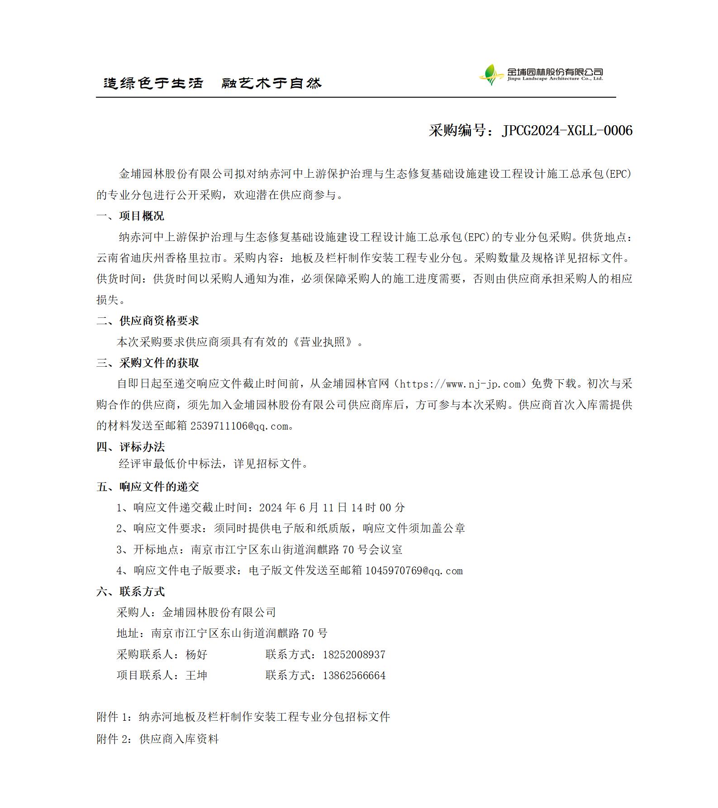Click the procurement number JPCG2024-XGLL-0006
[567, 131]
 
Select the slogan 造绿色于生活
[153, 83]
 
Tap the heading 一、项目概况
[130, 216]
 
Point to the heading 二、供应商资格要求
[147, 321]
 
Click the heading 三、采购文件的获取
[147, 363]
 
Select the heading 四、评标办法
[130, 447]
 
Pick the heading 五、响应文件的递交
[147, 487]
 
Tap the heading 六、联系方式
[130, 592]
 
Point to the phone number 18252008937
[354, 655]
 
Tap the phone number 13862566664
[354, 676]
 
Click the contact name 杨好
[196, 655]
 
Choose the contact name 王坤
[196, 676]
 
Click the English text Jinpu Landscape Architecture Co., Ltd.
[555, 79]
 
